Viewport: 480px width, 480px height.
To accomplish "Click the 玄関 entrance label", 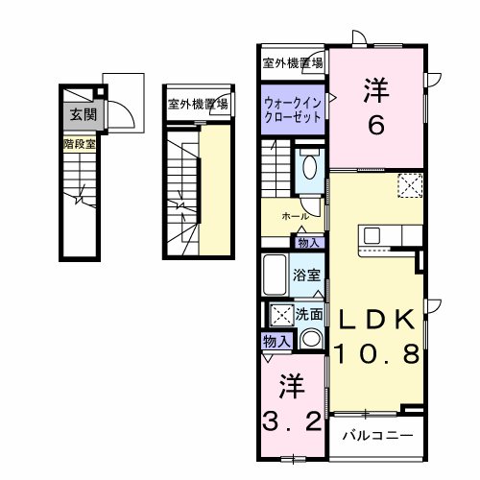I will pos(77,115).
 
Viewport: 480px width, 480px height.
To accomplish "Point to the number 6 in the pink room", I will pos(374,124).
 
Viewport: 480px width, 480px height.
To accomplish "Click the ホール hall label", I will pos(296,217).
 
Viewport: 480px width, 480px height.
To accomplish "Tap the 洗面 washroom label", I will pos(309,313).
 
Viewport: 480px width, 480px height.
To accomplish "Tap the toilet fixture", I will pos(308,169).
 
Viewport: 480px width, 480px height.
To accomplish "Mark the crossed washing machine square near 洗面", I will pos(280,314).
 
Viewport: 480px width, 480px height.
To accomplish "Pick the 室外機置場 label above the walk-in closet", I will pos(293,63).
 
